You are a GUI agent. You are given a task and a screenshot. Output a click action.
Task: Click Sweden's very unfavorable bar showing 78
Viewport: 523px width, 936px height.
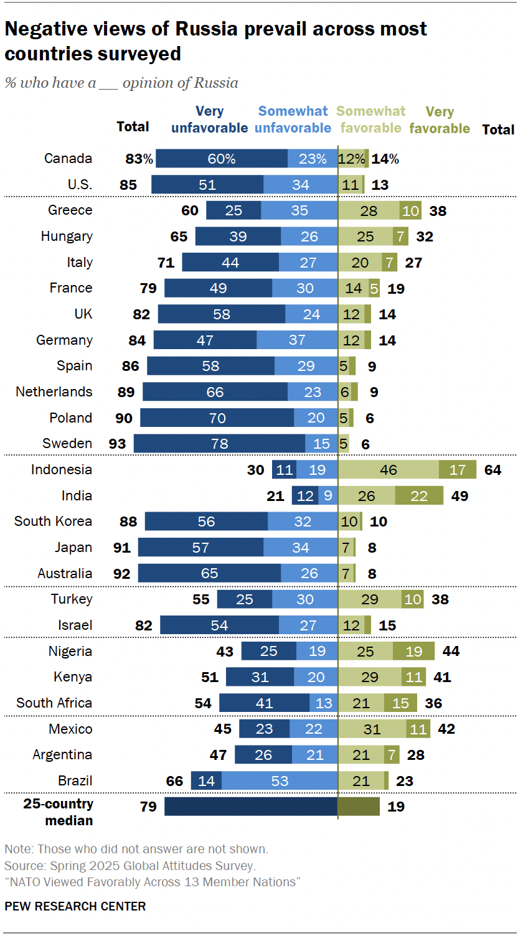(219, 444)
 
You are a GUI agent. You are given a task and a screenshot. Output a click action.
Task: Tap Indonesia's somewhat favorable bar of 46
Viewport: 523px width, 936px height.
(389, 470)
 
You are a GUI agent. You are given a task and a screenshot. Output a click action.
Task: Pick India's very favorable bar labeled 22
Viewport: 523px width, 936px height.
(419, 496)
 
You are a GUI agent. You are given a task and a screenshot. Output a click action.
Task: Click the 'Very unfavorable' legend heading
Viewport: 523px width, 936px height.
(209, 120)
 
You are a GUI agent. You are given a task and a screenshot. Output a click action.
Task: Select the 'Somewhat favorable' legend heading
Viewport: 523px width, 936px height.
(371, 120)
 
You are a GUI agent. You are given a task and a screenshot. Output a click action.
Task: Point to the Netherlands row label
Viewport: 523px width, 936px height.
(54, 392)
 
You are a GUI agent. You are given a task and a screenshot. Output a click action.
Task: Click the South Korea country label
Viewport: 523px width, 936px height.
(53, 522)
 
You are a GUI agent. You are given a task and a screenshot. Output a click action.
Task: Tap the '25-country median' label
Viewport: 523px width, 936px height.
(58, 812)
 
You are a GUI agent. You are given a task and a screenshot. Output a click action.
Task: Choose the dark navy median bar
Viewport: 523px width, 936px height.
(251, 807)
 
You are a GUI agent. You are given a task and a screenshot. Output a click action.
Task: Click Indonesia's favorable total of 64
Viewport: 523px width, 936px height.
(492, 470)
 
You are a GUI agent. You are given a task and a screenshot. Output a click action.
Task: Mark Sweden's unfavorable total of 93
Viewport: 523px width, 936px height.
(117, 444)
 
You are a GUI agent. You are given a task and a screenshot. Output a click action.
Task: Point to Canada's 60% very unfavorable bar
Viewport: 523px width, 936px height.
(222, 159)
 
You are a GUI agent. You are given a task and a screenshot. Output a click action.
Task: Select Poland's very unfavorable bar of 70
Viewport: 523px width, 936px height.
(217, 418)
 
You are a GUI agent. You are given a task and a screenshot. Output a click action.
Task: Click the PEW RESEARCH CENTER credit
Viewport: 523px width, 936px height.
(75, 906)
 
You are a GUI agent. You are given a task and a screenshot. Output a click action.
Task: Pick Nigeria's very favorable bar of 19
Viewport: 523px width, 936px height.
(413, 652)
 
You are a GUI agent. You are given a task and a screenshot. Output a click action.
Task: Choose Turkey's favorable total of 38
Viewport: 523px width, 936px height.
(440, 600)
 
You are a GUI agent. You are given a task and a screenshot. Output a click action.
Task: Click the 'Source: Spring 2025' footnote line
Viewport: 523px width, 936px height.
(130, 866)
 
